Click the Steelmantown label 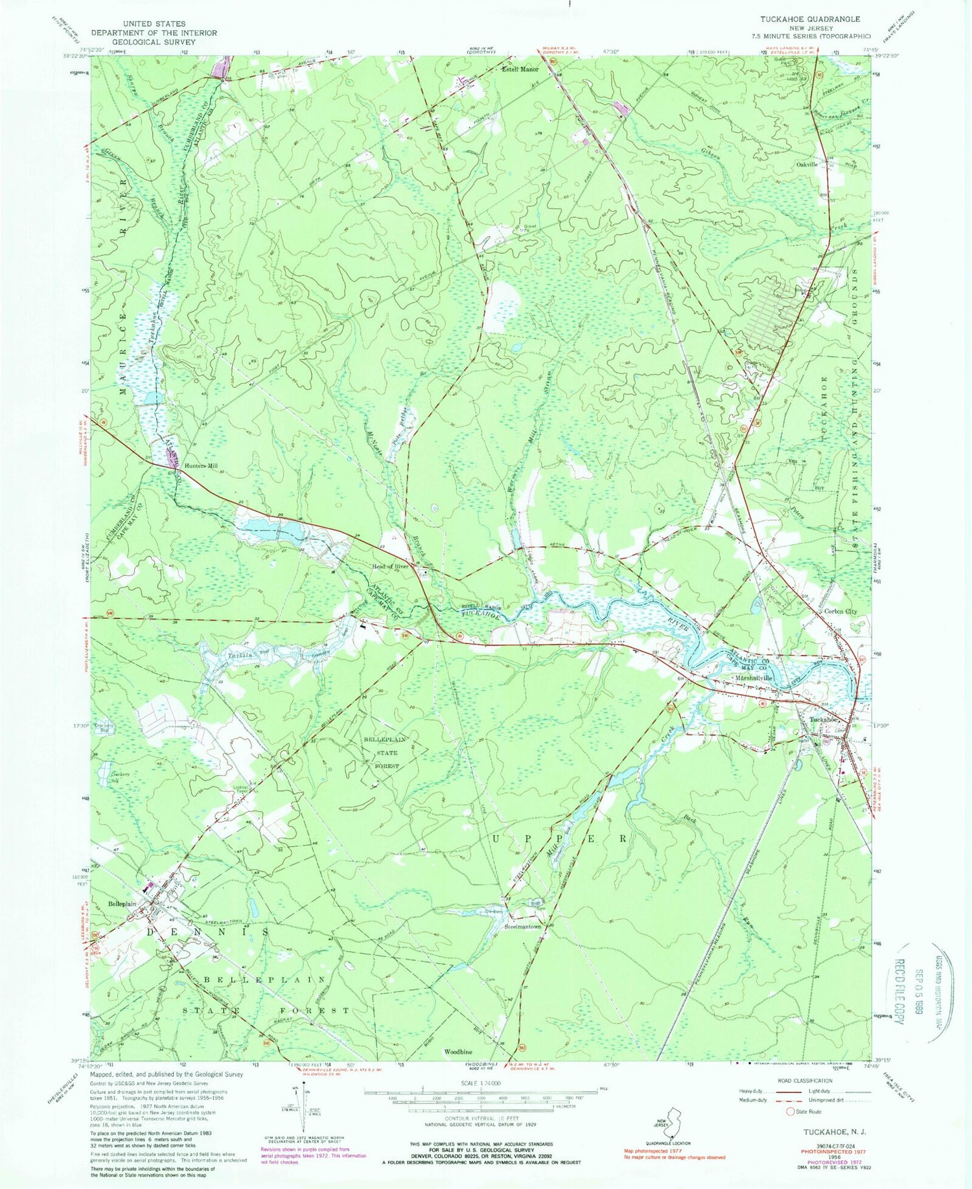point(523,927)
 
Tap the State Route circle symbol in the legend point(789,1112)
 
